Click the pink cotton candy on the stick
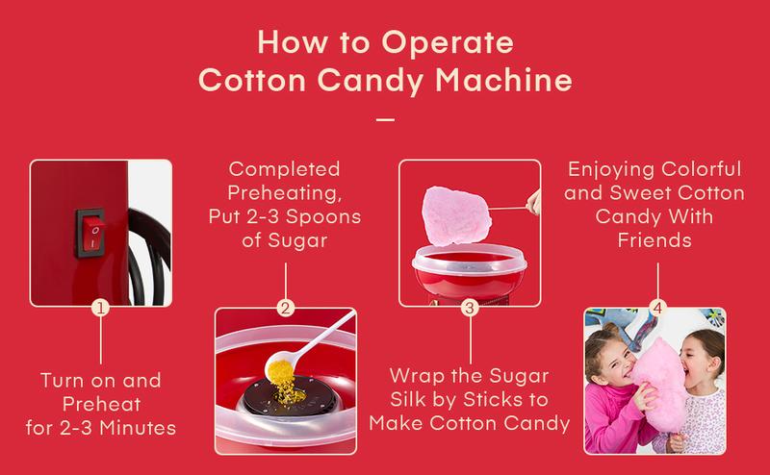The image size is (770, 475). point(452,211)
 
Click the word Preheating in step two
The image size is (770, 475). point(286,193)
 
